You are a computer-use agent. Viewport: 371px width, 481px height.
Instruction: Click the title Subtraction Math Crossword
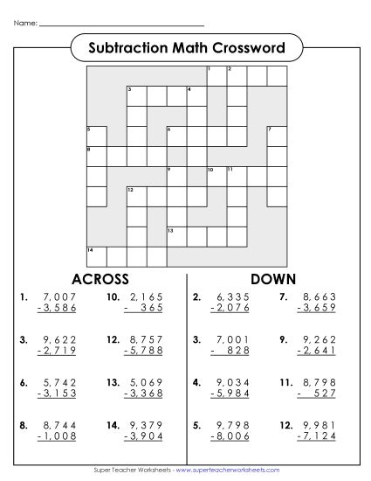[186, 46]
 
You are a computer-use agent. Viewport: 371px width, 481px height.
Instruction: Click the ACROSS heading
[100, 279]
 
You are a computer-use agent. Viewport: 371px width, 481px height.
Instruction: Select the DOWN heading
[273, 279]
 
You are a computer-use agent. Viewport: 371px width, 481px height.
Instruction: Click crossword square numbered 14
[96, 255]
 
